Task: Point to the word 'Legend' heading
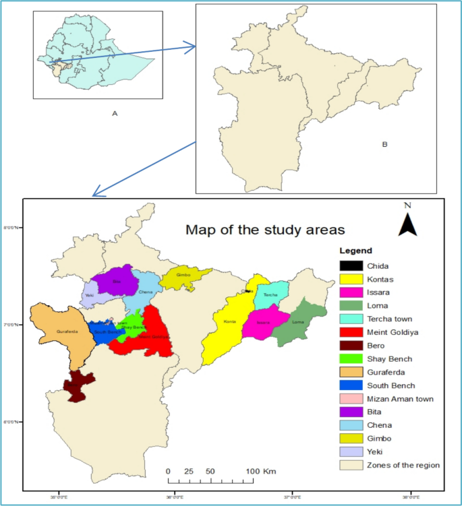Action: [355, 251]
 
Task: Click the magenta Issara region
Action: [262, 322]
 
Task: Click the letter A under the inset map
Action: [115, 113]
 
